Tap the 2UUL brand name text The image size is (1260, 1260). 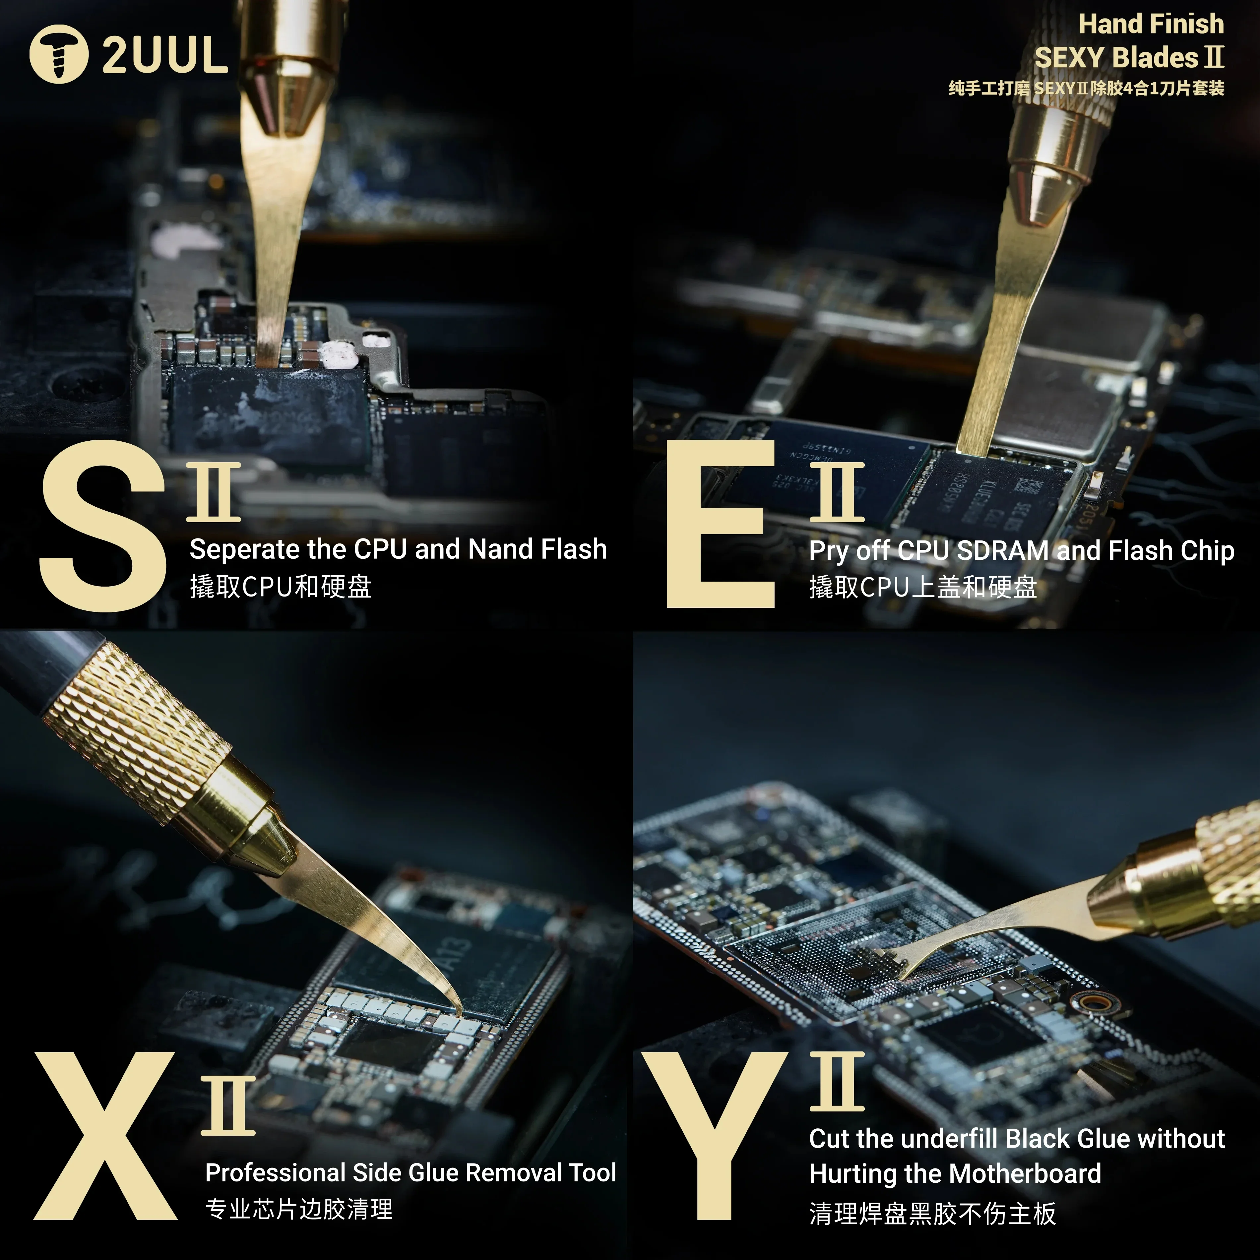165,55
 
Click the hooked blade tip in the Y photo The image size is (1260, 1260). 903,976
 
